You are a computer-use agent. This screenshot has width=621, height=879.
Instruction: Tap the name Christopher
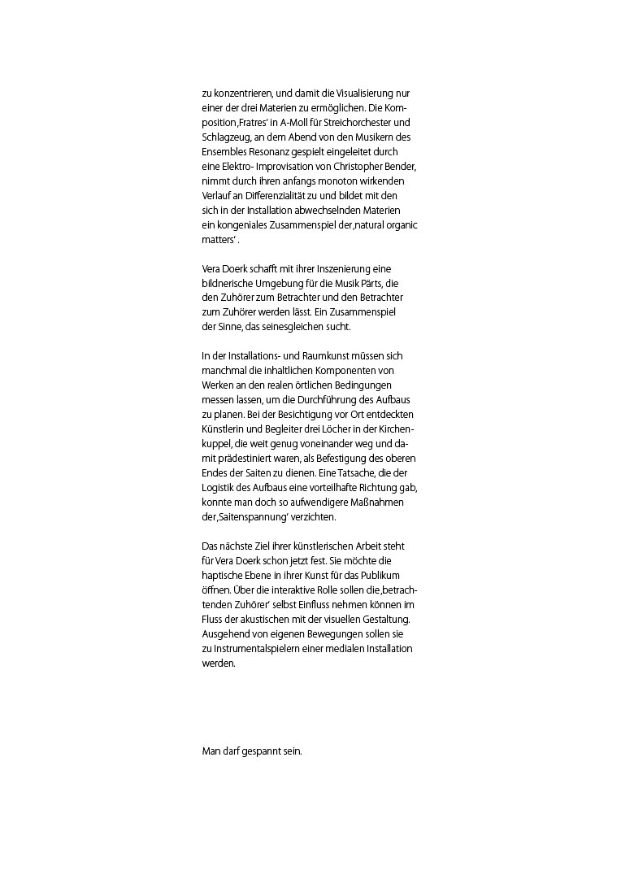point(353,167)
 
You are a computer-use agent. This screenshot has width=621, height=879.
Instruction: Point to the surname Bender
point(400,167)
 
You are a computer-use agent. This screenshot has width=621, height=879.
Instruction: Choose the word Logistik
point(221,488)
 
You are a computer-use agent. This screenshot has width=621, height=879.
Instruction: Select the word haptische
point(227,575)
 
